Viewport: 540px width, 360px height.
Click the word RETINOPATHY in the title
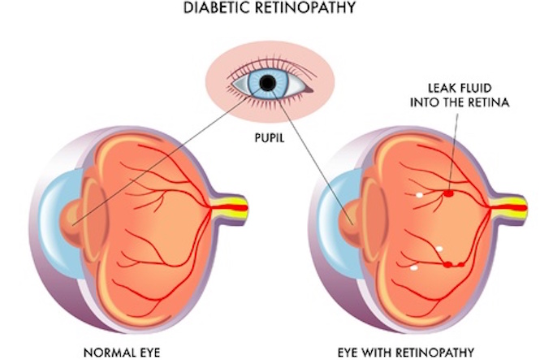point(303,11)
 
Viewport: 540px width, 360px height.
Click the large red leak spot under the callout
point(448,193)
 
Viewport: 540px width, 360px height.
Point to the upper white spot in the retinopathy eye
point(420,195)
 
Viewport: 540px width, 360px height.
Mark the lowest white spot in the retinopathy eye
point(415,267)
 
